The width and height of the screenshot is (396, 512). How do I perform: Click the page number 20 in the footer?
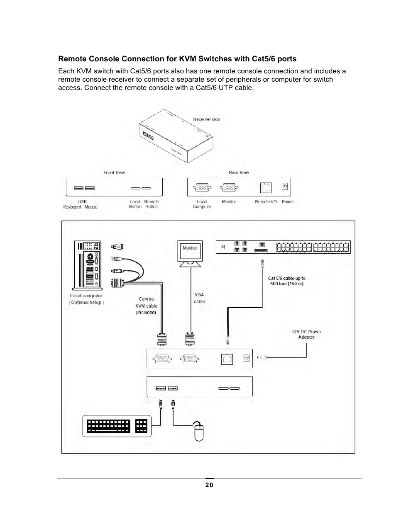tap(209, 485)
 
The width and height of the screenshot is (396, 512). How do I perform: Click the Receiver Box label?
tap(206, 119)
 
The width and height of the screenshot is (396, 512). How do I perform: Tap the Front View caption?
tap(114, 172)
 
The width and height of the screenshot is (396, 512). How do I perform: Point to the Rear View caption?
tap(239, 172)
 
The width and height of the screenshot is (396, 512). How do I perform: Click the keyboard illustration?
tap(117, 426)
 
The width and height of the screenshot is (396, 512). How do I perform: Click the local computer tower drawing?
tap(87, 264)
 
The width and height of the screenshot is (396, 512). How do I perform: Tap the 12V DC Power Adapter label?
tap(306, 334)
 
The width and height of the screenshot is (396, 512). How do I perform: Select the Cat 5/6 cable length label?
tap(286, 281)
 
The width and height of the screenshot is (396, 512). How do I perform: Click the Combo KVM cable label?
tap(146, 306)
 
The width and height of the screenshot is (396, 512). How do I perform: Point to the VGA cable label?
tap(199, 298)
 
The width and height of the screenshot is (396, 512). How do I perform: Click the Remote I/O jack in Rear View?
tap(266, 187)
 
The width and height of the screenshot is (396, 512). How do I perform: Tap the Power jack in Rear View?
tap(285, 187)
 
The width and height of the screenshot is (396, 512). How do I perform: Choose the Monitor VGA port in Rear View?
tap(229, 187)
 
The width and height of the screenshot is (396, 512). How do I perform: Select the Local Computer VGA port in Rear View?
tap(202, 187)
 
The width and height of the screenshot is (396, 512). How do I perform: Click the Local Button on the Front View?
tap(135, 188)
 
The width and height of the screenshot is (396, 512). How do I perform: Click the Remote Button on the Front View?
tap(146, 188)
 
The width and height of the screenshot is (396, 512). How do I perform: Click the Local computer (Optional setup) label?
tap(86, 299)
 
